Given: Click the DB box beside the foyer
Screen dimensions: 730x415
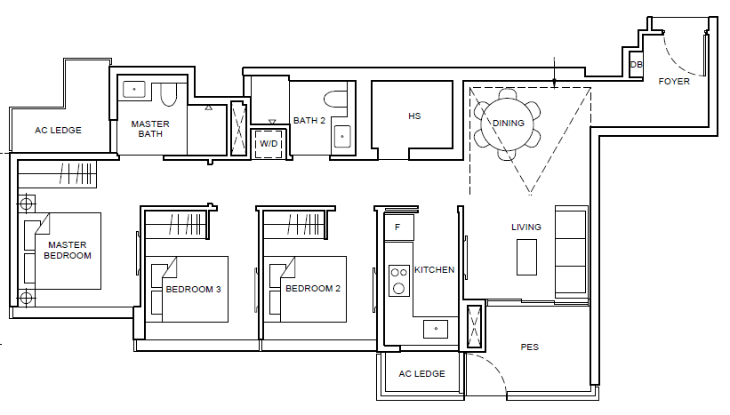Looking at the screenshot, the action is [636, 65].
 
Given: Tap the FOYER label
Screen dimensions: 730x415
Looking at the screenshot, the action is [674, 82].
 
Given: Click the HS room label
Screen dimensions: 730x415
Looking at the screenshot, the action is [414, 116].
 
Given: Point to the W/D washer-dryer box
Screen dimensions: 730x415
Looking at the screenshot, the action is [269, 143].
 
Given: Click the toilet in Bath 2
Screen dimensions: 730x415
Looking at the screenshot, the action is [335, 100].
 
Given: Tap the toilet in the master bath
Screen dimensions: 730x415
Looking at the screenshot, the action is [169, 94].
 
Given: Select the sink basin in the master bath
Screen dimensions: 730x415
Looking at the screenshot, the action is [134, 89].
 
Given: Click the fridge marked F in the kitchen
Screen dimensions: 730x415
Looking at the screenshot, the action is [398, 227].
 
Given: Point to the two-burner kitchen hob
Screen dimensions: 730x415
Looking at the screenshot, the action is [399, 281].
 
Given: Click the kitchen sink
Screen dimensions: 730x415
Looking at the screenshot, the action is [436, 329].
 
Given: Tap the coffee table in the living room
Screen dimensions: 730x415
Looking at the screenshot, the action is [526, 258].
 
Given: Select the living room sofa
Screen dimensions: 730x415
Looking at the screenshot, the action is [572, 251].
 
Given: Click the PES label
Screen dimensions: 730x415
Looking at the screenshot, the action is [529, 347].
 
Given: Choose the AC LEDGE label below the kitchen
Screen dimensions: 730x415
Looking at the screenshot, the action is [421, 373].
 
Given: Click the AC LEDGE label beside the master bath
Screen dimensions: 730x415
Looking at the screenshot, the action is [58, 131].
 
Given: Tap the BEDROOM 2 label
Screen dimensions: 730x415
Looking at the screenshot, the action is [313, 289].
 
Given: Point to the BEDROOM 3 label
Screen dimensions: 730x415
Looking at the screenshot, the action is [193, 290].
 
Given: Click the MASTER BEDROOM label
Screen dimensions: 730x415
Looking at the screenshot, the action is [68, 251].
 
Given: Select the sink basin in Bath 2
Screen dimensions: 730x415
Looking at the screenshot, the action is [342, 136].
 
